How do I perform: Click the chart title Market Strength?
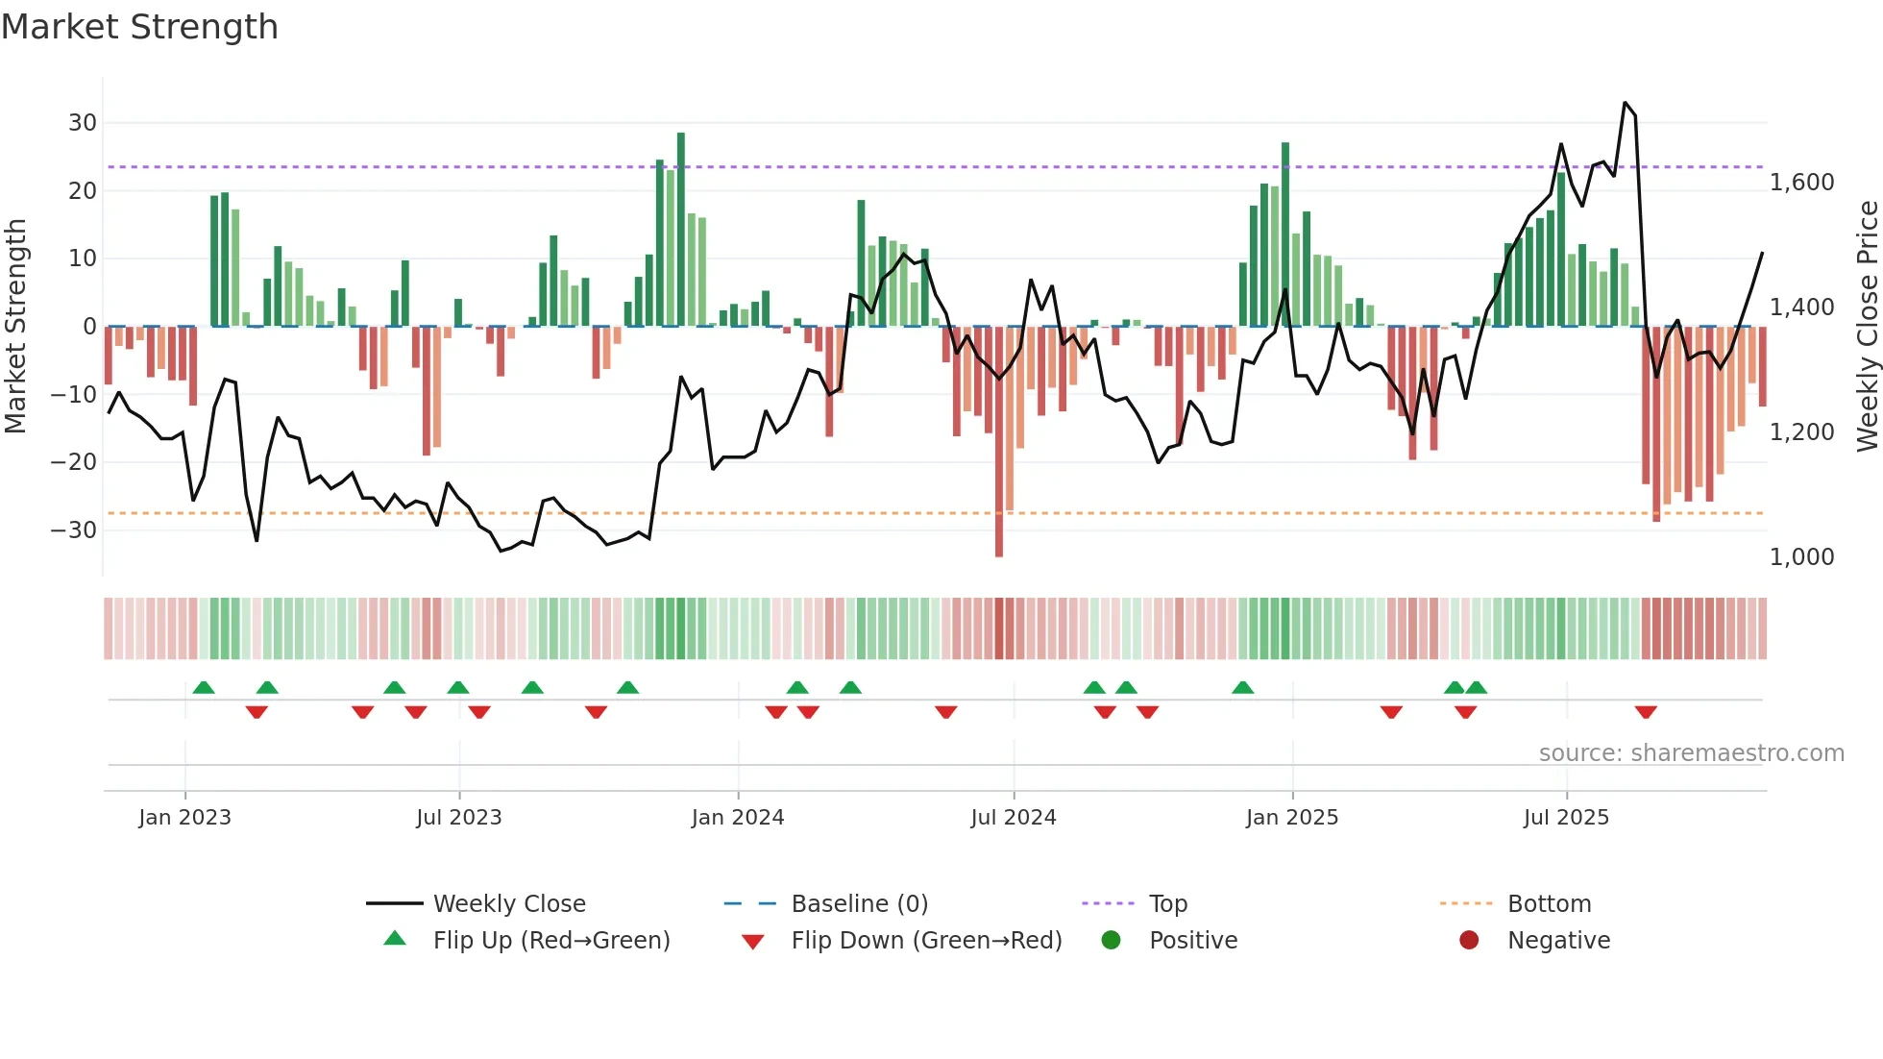coord(139,27)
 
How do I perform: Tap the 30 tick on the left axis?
coord(83,123)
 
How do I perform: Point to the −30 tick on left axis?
coord(75,529)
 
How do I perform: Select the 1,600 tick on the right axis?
coord(1801,183)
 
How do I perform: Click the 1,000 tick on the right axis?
coord(1801,557)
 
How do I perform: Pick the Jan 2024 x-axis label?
coord(737,818)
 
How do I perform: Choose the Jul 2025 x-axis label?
coord(1565,818)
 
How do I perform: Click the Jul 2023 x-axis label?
coord(458,818)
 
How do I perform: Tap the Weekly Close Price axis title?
coord(1867,326)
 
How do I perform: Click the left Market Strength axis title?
coord(15,326)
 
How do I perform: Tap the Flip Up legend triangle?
coord(395,939)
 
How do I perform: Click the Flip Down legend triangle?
coord(753,942)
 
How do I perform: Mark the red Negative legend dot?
coord(1468,940)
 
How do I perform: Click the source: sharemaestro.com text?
coord(1691,753)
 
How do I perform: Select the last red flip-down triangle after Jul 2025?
coord(1646,712)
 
